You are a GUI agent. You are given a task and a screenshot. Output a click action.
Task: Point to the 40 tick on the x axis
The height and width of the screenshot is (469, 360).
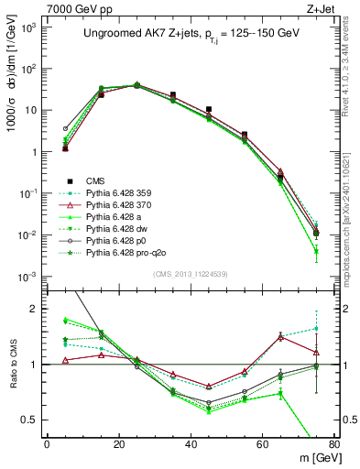(190, 445)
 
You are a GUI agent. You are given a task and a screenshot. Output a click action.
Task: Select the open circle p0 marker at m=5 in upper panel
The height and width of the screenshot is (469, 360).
(65, 129)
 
